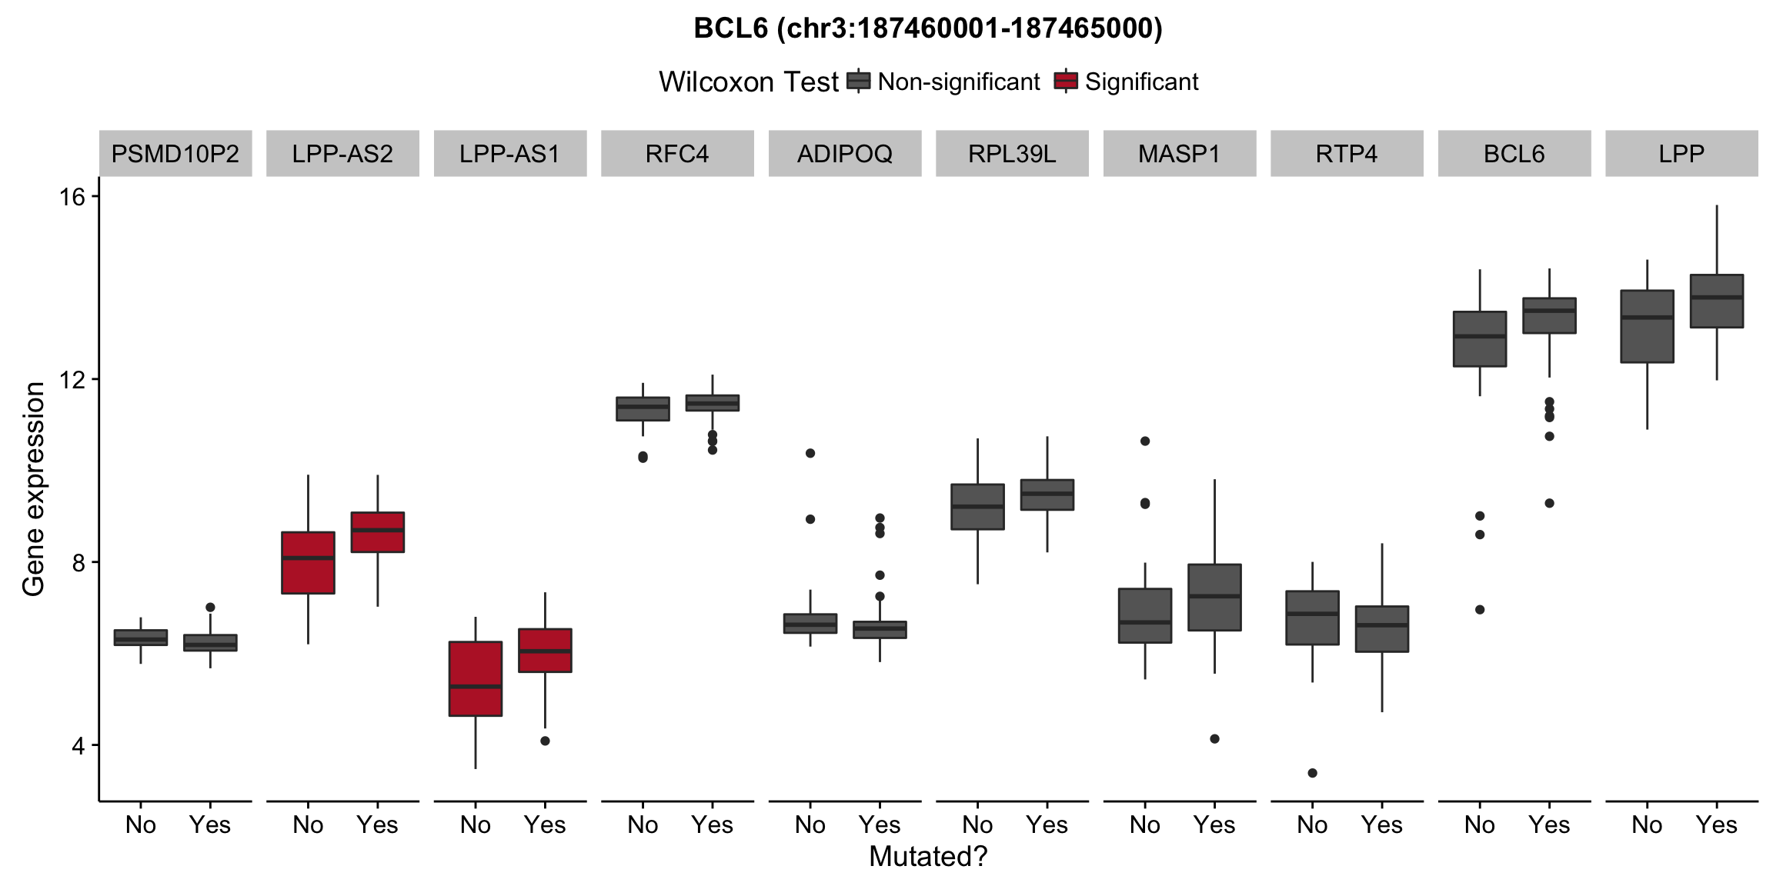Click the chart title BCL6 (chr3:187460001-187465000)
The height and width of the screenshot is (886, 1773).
tap(927, 28)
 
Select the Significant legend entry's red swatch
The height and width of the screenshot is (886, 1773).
tap(1066, 81)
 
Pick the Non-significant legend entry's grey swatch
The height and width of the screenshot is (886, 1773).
tap(858, 81)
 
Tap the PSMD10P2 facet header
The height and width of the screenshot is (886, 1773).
tap(175, 154)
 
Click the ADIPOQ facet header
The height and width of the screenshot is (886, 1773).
tap(845, 154)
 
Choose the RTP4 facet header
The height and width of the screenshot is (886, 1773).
tap(1347, 154)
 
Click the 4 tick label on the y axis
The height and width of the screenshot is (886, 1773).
tap(78, 745)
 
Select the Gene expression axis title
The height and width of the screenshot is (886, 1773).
tap(34, 489)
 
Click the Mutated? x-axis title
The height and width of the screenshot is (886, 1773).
tap(927, 857)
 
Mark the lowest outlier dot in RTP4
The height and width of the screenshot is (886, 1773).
tap(1312, 773)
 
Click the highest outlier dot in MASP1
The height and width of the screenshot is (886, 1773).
tap(1145, 441)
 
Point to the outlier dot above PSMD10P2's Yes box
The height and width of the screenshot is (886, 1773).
tap(210, 608)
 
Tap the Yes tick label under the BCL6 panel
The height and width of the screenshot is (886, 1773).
tap(1549, 824)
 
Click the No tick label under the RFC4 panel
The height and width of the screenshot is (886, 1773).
tap(643, 824)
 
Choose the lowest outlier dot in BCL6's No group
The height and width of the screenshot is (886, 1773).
tap(1480, 610)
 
